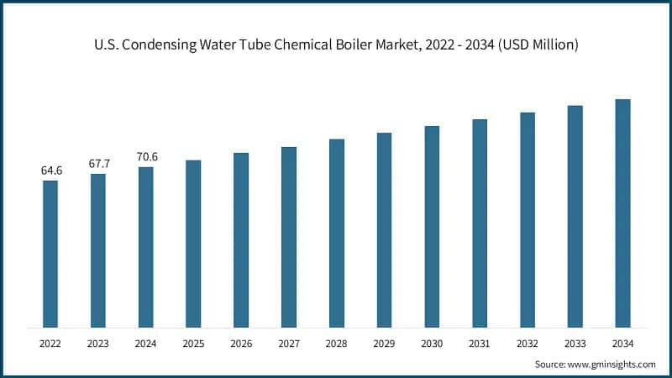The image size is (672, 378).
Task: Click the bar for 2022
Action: (x=50, y=254)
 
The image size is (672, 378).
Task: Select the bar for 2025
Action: (x=193, y=244)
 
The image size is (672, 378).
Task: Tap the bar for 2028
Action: (x=336, y=233)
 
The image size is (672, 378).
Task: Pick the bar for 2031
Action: (x=480, y=223)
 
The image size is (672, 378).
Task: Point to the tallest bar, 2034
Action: (x=622, y=213)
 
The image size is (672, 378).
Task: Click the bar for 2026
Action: (x=241, y=239)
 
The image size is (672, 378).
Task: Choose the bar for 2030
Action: (x=432, y=226)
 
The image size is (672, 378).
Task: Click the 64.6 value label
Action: (x=50, y=171)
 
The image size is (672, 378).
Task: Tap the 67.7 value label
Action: (x=98, y=164)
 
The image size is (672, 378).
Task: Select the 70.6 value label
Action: (x=146, y=157)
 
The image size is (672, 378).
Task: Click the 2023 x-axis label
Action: (x=98, y=343)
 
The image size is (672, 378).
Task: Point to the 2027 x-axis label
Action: (x=289, y=343)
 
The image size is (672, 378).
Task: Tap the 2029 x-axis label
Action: (x=384, y=343)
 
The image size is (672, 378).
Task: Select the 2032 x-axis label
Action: (x=528, y=343)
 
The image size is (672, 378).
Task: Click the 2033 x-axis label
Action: (x=575, y=343)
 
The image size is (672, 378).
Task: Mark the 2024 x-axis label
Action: (x=146, y=343)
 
